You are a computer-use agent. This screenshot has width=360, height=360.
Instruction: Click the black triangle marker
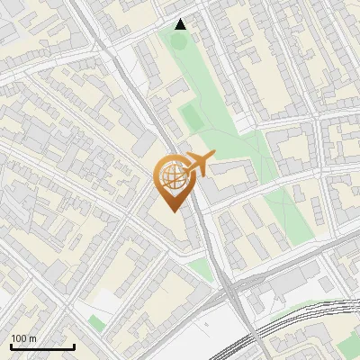(x=181, y=24)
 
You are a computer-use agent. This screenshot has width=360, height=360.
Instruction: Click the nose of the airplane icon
(x=213, y=155)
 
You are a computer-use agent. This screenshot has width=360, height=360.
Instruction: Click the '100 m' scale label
(x=24, y=338)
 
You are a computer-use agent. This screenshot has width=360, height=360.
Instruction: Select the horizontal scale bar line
(x=42, y=346)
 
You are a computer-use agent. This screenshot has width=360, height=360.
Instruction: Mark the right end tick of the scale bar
(x=74, y=345)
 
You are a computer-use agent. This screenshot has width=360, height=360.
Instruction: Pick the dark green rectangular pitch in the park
(x=192, y=118)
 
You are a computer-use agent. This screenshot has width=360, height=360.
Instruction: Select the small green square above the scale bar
(x=96, y=321)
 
